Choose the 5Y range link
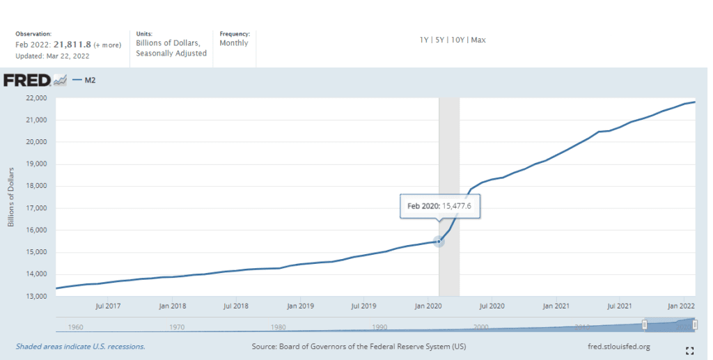(440, 40)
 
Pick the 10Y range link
(457, 40)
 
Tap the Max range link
(478, 40)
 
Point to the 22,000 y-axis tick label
(36, 98)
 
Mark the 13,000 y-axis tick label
(36, 296)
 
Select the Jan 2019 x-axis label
(301, 306)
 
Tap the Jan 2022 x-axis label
(682, 306)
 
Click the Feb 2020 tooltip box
(440, 207)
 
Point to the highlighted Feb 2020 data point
(439, 241)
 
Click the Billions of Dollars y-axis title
(11, 197)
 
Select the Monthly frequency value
(234, 43)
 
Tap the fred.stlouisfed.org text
(619, 346)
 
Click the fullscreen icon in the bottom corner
(690, 350)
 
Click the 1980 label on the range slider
(279, 327)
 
